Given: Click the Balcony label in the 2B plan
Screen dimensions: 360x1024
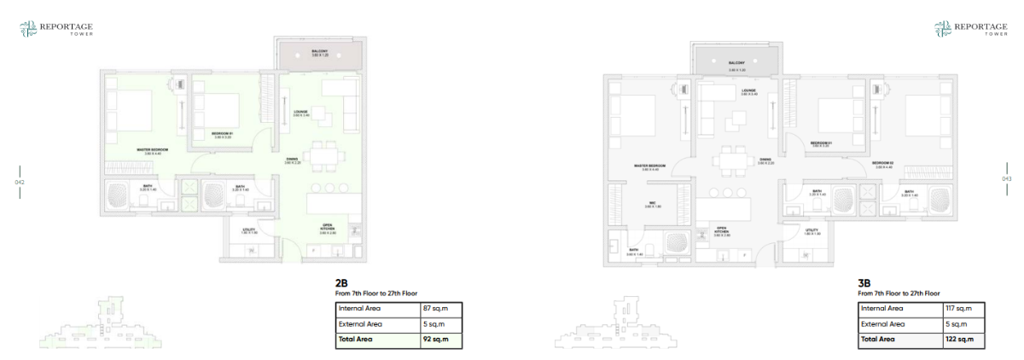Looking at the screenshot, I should click(x=320, y=53).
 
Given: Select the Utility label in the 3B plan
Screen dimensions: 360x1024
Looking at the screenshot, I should click(x=812, y=232).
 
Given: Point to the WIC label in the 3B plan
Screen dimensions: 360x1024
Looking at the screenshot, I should click(x=649, y=204).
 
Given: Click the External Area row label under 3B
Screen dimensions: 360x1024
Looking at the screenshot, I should click(x=881, y=324).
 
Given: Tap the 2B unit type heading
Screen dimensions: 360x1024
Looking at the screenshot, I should click(x=341, y=282).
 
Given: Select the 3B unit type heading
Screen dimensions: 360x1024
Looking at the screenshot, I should click(x=864, y=282).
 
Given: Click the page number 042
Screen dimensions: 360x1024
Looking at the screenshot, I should click(x=20, y=181).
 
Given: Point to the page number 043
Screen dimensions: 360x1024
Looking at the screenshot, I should click(x=1005, y=179).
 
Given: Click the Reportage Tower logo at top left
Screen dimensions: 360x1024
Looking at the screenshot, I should click(x=55, y=30).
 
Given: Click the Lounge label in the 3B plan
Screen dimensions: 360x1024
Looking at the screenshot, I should click(x=748, y=90).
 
